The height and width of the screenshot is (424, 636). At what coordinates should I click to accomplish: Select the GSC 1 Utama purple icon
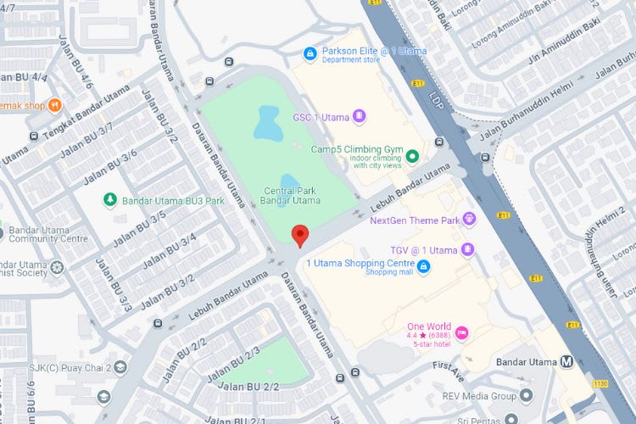point(359,115)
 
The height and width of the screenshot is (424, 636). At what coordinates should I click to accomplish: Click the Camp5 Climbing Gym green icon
point(412,156)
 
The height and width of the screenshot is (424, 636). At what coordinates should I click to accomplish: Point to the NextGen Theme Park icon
point(468,220)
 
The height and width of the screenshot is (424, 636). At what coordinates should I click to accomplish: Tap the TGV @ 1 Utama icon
point(467,249)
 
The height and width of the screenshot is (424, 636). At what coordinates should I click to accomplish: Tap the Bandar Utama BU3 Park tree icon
point(109,200)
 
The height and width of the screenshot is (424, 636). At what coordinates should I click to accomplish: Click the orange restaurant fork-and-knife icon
point(55,106)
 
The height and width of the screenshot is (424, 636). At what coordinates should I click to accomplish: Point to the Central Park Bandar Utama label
point(290,196)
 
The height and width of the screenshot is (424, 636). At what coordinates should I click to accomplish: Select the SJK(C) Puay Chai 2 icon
point(120,367)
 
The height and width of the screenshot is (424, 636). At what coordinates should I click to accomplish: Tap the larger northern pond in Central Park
point(270,124)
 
